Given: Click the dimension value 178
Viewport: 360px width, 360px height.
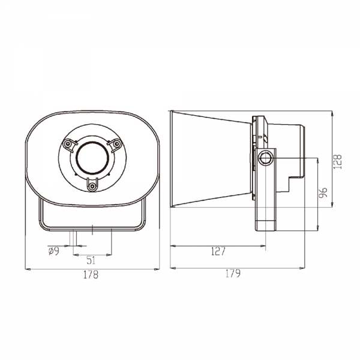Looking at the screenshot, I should point(91,275).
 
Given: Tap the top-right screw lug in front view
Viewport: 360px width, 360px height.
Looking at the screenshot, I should point(114,144).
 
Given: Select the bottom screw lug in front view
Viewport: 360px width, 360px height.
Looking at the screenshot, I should point(92,185).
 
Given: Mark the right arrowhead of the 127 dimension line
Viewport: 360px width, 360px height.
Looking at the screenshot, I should point(265,246).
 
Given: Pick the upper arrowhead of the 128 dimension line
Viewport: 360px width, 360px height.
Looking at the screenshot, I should point(332,112).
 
